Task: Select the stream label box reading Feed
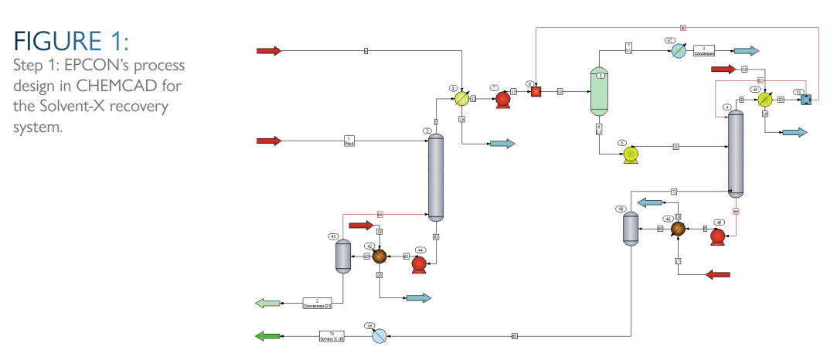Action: [349, 141]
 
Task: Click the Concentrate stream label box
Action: [317, 302]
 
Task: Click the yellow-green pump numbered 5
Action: [631, 155]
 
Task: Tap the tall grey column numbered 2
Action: [437, 177]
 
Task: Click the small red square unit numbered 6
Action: [535, 91]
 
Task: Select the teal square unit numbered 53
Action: [805, 100]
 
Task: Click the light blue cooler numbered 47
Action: [678, 51]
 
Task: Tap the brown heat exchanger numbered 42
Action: [379, 256]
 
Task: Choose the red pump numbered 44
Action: [419, 263]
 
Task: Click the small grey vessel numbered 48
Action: [631, 228]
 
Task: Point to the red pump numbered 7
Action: [502, 99]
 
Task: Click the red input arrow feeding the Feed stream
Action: [269, 141]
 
